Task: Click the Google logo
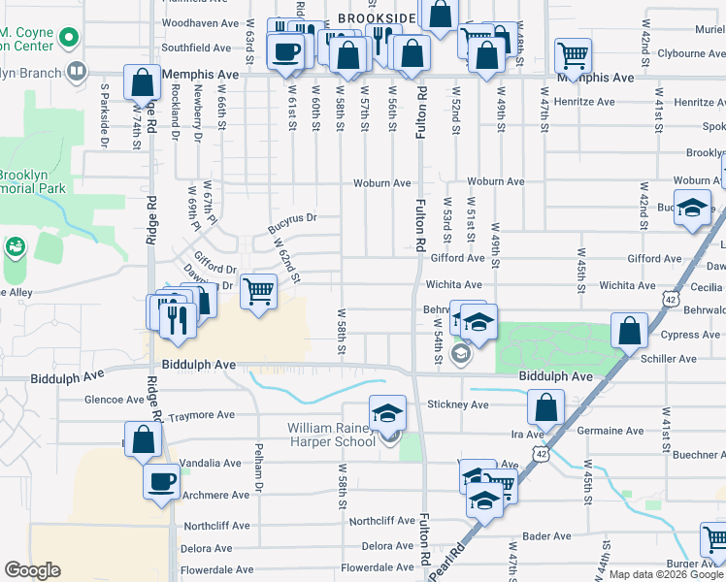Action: [32, 570]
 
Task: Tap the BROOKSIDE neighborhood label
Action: [378, 18]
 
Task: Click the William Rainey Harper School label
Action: [331, 435]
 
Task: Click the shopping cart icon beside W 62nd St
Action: [258, 290]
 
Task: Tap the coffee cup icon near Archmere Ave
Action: [162, 480]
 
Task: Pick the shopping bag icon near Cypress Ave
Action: [630, 331]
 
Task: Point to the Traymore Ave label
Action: [202, 416]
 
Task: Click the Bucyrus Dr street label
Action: [292, 224]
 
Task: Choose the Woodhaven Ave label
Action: [201, 22]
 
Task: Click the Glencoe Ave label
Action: [115, 399]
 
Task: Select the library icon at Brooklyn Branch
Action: [75, 71]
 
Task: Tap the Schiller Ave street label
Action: [669, 359]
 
